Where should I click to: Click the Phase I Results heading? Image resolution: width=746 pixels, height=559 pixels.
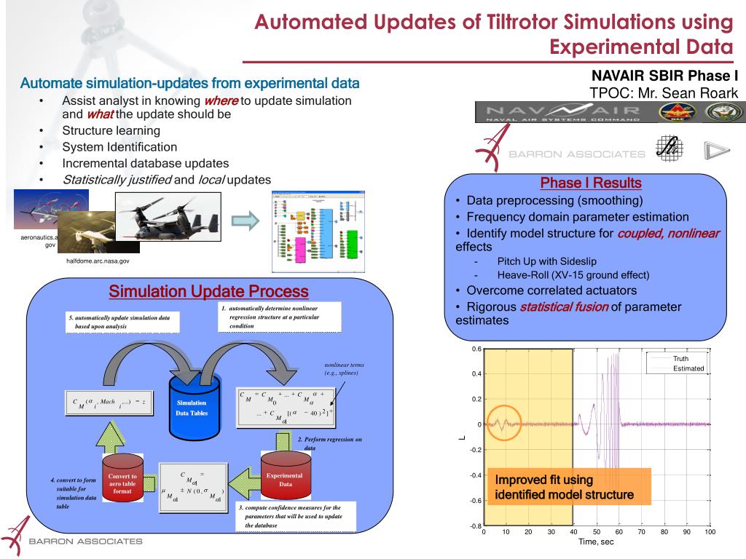tap(590, 183)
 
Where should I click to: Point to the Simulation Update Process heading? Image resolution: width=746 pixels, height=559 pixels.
tap(208, 292)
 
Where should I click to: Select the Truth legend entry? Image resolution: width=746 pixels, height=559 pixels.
tap(680, 359)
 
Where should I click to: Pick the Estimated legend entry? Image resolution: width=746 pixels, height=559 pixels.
tap(688, 368)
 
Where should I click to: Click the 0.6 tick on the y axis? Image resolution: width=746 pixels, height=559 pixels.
tap(476, 349)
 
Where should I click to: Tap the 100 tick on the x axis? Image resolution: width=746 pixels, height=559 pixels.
tap(710, 532)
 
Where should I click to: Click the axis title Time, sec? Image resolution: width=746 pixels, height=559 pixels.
tap(597, 542)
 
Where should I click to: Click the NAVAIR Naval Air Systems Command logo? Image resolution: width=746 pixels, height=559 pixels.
tap(560, 112)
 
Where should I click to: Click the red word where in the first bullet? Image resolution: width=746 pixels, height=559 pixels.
tap(220, 101)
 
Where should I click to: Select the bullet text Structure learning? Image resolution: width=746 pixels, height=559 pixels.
tap(111, 131)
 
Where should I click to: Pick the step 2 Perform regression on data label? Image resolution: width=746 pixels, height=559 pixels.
tap(329, 443)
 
